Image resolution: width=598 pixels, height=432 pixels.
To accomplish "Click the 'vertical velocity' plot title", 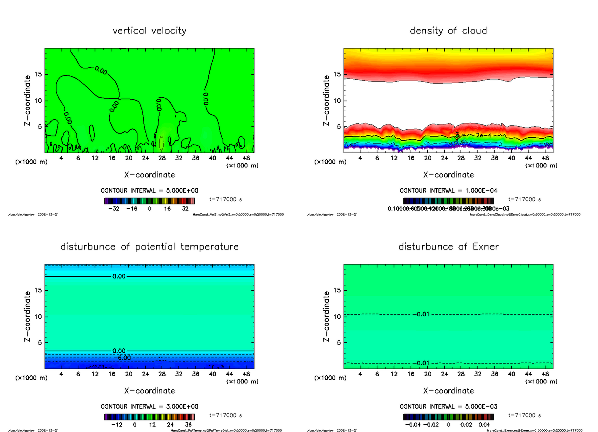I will tap(149, 31).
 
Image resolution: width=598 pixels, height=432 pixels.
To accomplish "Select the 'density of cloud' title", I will tap(448, 31).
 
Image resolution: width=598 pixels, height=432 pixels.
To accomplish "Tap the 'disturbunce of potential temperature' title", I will tap(149, 247).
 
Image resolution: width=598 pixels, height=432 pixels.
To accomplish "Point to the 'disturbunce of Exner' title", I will tap(448, 247).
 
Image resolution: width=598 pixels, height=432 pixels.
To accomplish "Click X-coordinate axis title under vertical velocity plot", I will tap(149, 175).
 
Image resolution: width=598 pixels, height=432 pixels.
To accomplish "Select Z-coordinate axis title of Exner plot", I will tap(327, 316).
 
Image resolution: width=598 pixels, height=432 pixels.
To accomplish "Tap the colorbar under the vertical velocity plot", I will tap(149, 201).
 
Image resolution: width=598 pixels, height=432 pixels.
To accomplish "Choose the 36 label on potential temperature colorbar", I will tap(188, 425).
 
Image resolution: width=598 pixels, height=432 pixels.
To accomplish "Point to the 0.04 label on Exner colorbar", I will tap(484, 425).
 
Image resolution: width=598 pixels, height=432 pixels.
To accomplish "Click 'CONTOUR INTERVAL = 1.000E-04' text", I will tap(448, 191).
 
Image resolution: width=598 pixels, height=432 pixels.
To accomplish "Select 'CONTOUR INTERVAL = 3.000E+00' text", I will tap(149, 406).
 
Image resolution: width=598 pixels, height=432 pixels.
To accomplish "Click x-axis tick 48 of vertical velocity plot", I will tap(246, 158).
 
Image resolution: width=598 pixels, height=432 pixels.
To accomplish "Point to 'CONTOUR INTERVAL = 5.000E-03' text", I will tap(448, 406).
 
